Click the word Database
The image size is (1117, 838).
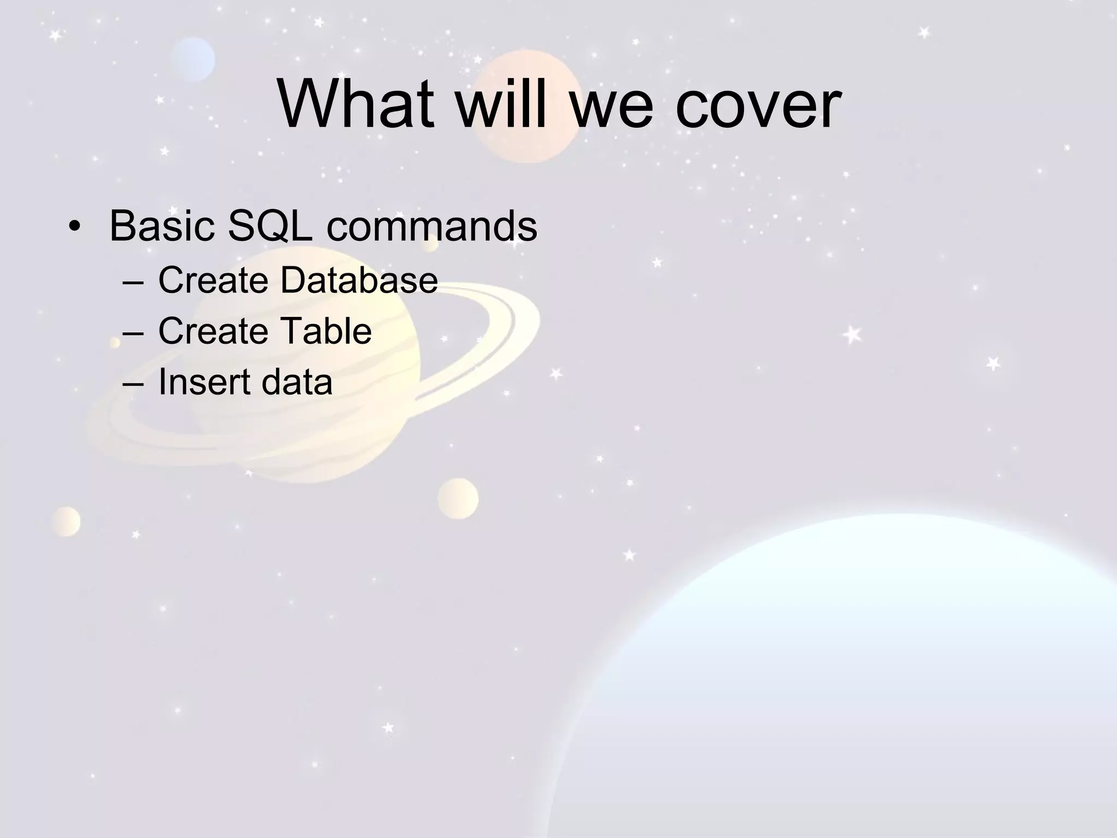click(x=359, y=280)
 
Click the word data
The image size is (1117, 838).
click(x=297, y=381)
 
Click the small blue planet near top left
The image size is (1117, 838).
click(x=193, y=59)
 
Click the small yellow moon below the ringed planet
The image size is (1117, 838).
click(x=458, y=498)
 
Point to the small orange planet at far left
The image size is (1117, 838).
click(x=67, y=522)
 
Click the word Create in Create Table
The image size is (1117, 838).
click(x=213, y=331)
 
